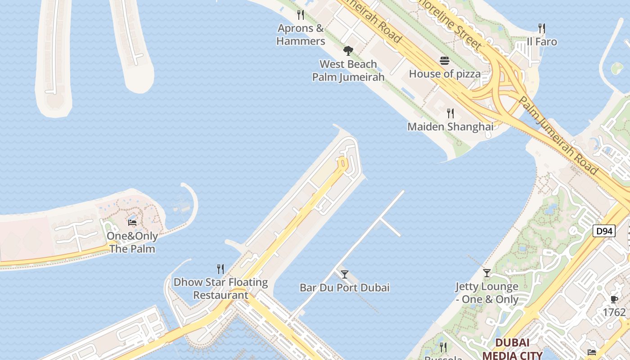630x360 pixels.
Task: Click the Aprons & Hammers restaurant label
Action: (x=300, y=35)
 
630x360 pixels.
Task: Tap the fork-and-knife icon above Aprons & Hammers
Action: (x=301, y=15)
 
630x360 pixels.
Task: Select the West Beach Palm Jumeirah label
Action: (x=348, y=71)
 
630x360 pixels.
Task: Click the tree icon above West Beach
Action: (x=348, y=50)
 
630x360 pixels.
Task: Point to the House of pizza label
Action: (x=445, y=74)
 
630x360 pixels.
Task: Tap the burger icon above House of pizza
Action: (x=445, y=61)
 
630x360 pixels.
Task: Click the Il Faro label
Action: (x=542, y=42)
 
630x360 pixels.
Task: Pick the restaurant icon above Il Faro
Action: (x=542, y=28)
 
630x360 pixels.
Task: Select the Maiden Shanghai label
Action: (x=450, y=127)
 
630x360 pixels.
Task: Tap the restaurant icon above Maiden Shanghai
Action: (x=450, y=113)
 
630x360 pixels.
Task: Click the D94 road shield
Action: (x=603, y=231)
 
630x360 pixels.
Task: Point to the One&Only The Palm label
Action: (x=132, y=243)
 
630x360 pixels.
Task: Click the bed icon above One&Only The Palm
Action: (x=132, y=222)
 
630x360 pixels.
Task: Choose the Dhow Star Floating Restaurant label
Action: (x=220, y=289)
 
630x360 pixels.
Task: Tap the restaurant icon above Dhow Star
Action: (x=220, y=269)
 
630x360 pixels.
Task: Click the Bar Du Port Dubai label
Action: (x=345, y=288)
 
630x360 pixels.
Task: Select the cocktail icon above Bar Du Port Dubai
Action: (x=345, y=274)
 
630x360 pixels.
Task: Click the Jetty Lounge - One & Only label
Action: (x=487, y=293)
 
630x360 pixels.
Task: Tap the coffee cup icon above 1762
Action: (x=614, y=299)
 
